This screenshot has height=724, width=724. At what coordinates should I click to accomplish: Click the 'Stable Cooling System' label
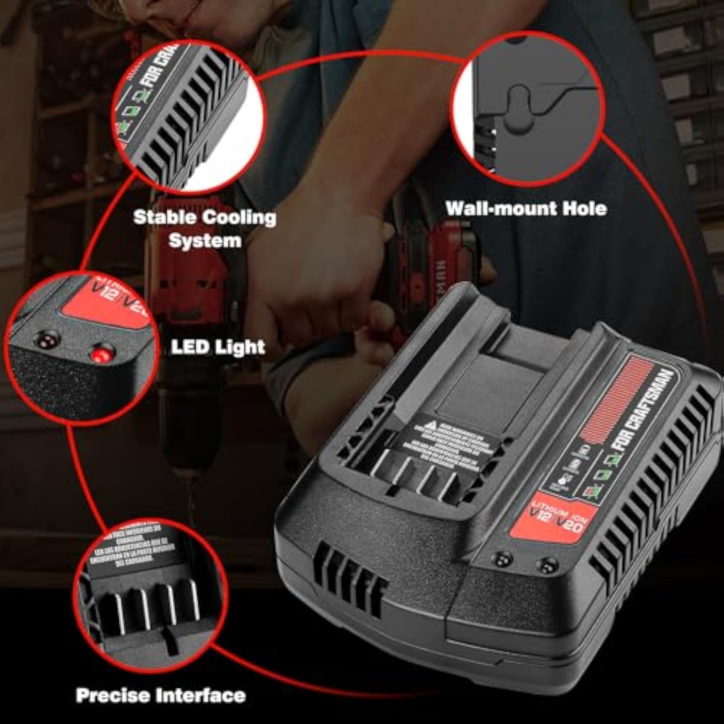click(x=205, y=229)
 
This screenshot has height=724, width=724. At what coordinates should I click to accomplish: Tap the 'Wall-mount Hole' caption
click(x=526, y=209)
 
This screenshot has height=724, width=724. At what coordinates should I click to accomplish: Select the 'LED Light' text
click(x=218, y=347)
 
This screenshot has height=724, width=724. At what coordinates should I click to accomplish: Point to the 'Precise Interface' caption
click(x=161, y=696)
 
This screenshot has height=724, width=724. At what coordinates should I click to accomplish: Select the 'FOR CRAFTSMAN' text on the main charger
click(x=643, y=410)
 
